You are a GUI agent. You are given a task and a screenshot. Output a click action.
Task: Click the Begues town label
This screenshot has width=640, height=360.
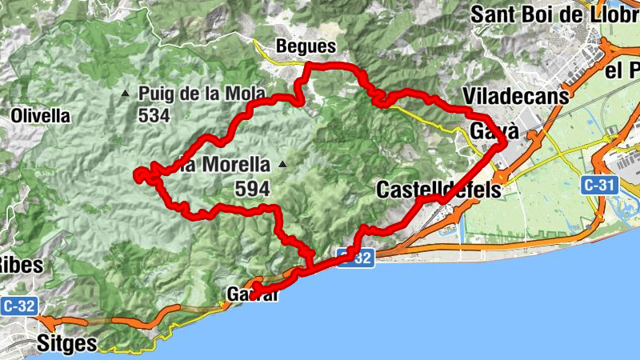(x=305, y=46)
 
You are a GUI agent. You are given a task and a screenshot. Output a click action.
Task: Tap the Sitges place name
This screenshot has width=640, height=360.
(x=67, y=345)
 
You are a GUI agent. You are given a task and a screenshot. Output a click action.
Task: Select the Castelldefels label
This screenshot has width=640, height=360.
(x=438, y=190)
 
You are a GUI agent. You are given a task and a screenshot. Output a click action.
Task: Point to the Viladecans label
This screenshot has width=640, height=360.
(x=516, y=97)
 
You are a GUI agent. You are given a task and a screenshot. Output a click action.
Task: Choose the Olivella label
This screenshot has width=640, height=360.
(x=40, y=115)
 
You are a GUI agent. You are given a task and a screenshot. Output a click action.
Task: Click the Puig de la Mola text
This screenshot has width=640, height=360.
(x=202, y=93)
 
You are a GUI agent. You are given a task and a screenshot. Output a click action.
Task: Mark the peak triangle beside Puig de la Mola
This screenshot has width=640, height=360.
(x=124, y=94)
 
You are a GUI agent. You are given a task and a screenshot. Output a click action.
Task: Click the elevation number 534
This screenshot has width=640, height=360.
(x=154, y=115)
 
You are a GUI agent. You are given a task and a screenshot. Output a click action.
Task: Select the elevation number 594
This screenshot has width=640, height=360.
(x=253, y=190)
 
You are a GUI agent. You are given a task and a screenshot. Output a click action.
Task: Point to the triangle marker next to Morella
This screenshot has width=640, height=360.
(x=282, y=165)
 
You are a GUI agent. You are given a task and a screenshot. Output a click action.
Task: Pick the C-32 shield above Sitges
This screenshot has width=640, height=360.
(x=18, y=306)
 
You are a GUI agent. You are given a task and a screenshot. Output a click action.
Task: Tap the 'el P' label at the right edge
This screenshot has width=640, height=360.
(x=622, y=71)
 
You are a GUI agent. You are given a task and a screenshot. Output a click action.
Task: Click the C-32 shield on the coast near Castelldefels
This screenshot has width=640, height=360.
(x=353, y=258)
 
